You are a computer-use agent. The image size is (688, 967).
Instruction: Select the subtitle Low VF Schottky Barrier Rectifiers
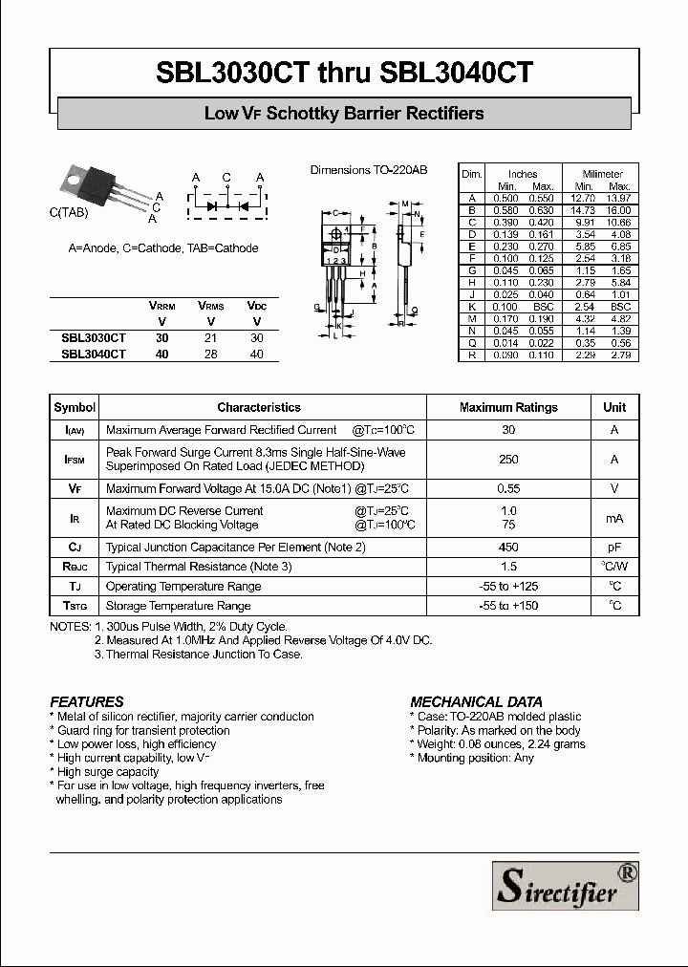point(344,114)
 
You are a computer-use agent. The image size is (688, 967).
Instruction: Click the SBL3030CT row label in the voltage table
point(93,337)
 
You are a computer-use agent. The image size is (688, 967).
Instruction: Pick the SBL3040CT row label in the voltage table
point(93,354)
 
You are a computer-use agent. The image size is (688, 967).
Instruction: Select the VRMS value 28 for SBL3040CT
point(210,354)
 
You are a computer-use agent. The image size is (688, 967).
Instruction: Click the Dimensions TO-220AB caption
point(368,170)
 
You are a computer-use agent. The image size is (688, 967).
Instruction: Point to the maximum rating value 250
point(508,460)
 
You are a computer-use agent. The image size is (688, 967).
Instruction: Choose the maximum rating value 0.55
point(508,488)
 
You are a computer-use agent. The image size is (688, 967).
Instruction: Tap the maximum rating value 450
point(508,548)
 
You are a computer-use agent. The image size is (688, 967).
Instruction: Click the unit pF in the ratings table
point(614,548)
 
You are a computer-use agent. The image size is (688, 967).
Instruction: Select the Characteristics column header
point(258,407)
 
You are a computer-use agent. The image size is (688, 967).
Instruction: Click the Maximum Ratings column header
point(508,407)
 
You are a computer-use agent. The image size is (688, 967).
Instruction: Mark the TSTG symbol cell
point(75,606)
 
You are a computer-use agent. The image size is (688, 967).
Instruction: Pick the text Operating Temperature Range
point(183,587)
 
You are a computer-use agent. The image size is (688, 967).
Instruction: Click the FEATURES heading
point(86,701)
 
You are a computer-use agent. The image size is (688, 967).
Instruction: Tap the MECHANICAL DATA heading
point(476,701)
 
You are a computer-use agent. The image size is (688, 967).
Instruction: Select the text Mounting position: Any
point(475,758)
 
